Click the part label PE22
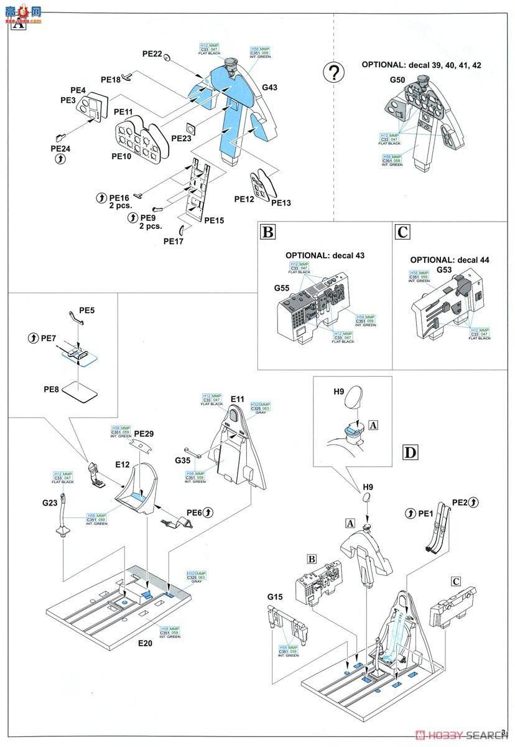[x=152, y=55]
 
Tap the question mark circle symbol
[x=335, y=73]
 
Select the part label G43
[x=269, y=88]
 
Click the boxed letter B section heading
[x=267, y=232]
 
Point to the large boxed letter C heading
[x=402, y=232]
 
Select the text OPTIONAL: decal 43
[x=325, y=256]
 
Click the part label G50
[x=397, y=80]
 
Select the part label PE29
[x=143, y=433]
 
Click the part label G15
[x=276, y=598]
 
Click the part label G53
[x=444, y=270]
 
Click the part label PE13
[x=281, y=203]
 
